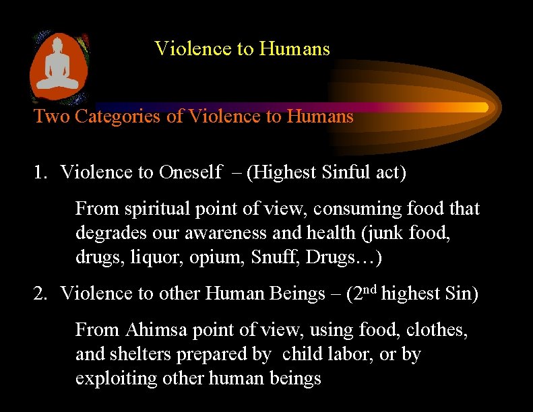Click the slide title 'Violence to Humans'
[242, 49]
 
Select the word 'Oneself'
[191, 172]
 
